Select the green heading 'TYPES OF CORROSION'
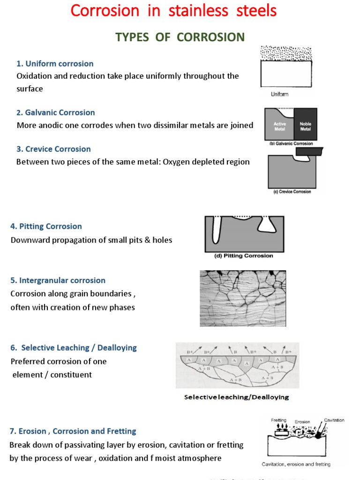(180, 37)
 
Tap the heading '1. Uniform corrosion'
(55, 64)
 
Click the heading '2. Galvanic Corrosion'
(56, 112)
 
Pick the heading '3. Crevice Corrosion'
(53, 149)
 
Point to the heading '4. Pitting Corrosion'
(46, 226)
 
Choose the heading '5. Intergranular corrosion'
(58, 280)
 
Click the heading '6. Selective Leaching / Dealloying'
(74, 348)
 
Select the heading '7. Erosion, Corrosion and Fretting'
(73, 431)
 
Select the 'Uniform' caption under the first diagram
(280, 94)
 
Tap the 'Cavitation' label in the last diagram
(334, 420)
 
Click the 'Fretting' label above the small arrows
(279, 420)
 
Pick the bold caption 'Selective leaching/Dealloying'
(236, 397)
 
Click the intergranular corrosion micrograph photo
(243, 298)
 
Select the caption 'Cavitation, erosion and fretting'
(296, 464)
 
